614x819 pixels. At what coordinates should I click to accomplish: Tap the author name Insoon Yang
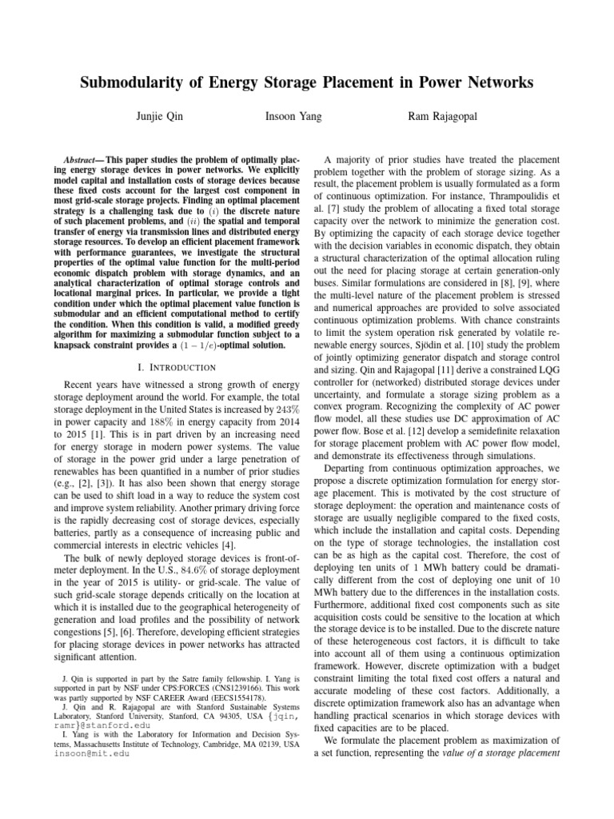(x=293, y=117)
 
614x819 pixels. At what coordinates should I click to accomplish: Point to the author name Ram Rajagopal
(x=444, y=117)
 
